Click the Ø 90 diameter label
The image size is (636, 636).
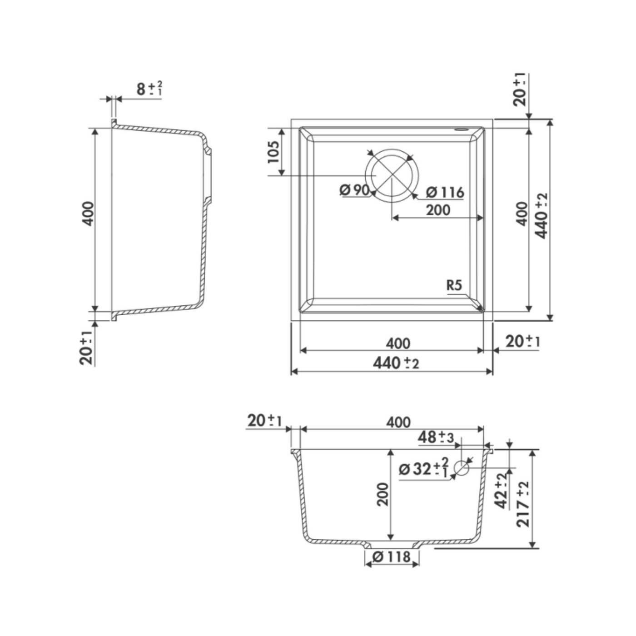354,190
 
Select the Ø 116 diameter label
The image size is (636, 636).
445,193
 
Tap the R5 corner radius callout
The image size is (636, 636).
454,285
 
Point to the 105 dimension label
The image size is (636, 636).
273,152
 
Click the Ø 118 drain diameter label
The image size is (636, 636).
391,557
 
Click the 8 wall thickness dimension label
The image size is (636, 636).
149,89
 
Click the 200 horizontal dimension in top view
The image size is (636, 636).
438,210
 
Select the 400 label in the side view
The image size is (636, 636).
88,214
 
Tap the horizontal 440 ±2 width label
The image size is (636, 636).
396,363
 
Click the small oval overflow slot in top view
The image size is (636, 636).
461,130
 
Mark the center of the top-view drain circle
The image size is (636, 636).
392,176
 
